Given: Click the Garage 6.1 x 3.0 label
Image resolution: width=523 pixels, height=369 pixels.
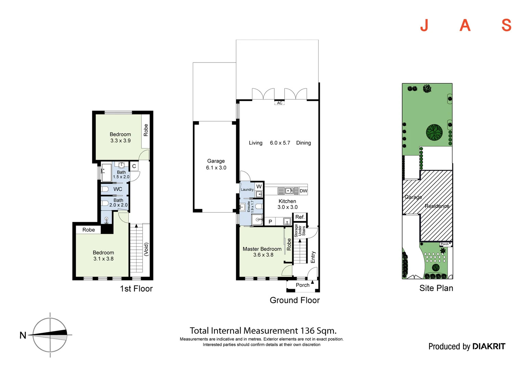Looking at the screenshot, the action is point(216,164).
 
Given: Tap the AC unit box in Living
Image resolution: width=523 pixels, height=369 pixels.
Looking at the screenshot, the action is point(280,103).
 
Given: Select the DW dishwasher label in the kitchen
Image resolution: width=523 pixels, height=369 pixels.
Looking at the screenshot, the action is point(303,191).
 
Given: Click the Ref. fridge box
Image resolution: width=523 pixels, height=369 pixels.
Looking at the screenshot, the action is point(300,217).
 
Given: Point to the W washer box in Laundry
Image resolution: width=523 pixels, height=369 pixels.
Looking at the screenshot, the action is point(259,187).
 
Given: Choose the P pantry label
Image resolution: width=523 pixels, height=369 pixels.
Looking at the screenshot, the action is point(270,222).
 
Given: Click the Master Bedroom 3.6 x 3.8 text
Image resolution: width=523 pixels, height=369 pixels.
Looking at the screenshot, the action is point(262,252).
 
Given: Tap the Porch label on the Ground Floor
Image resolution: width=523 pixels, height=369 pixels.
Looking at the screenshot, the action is point(302,285).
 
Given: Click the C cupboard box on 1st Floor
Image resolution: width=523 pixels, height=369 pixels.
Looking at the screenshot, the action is point(134,166).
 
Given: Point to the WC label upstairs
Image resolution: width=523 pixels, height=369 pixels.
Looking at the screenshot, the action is point(118,189).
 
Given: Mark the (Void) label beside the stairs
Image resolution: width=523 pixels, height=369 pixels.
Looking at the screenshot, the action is point(146,249).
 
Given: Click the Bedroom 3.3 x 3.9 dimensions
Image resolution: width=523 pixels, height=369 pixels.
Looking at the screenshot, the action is point(120,140).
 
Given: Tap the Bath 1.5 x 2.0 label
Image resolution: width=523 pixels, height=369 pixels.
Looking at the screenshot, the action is point(121,174).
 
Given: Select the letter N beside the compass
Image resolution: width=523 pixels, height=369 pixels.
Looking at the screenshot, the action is point(23,335).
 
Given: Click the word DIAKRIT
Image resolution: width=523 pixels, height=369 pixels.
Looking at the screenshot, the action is point(489,346).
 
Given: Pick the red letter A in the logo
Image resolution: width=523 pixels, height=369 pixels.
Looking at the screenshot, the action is point(465,25).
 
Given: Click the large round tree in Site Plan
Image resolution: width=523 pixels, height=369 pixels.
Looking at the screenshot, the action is point(434,132).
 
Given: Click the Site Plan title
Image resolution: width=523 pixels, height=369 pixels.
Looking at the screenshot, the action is point(436,288).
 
